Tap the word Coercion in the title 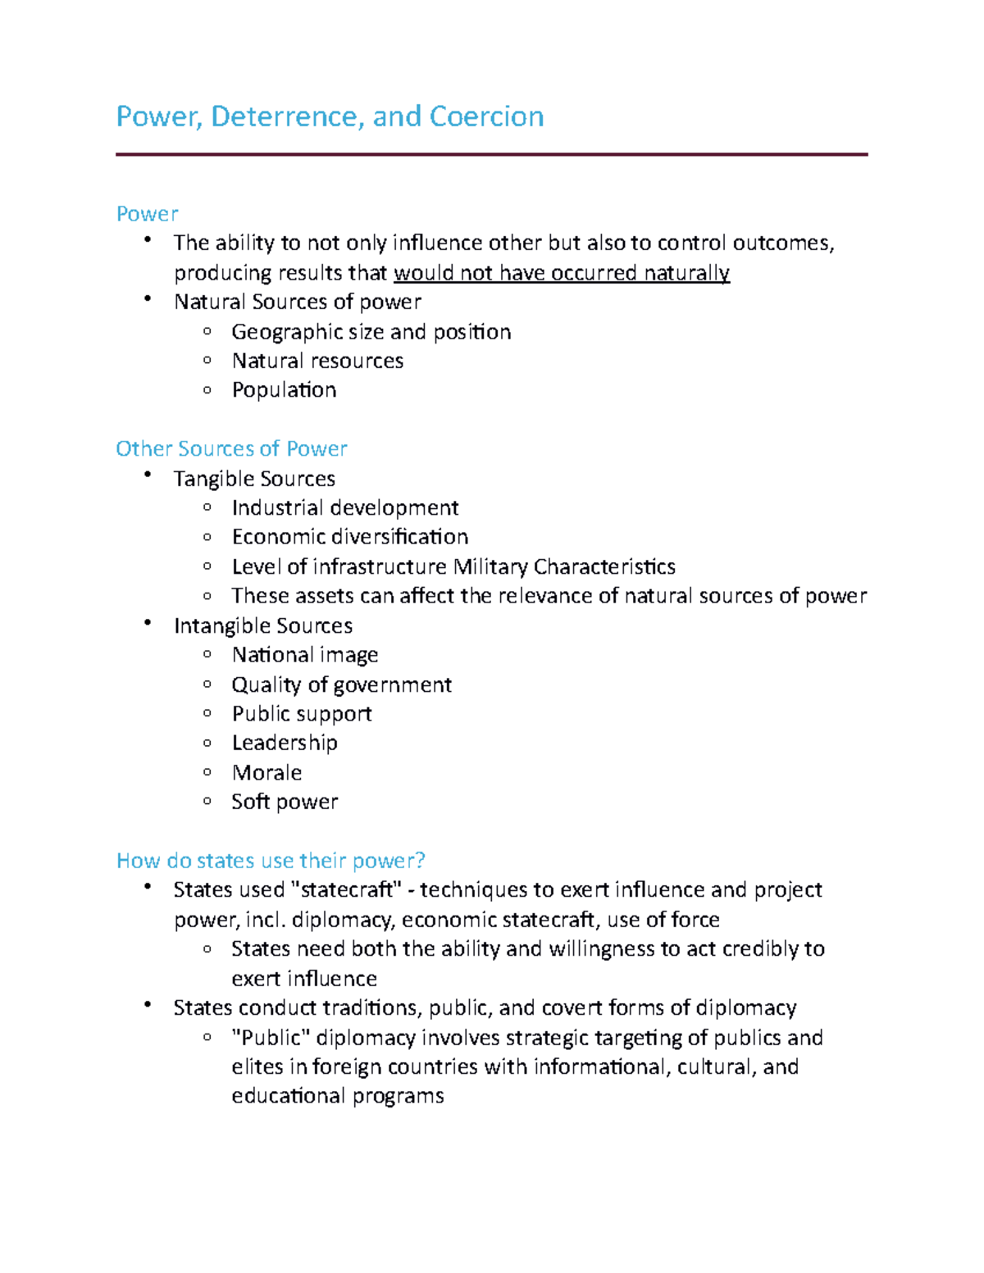486,116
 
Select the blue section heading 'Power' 147,214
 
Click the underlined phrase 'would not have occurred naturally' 562,273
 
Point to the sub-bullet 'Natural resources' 317,361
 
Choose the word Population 284,390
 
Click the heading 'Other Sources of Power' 231,449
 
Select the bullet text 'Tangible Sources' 254,479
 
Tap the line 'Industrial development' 344,508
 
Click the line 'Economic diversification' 349,537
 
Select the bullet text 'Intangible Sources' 262,626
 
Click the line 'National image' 304,655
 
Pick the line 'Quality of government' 341,685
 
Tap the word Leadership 285,743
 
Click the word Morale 266,773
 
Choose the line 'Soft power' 285,802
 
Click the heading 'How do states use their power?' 271,861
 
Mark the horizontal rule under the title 491,154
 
